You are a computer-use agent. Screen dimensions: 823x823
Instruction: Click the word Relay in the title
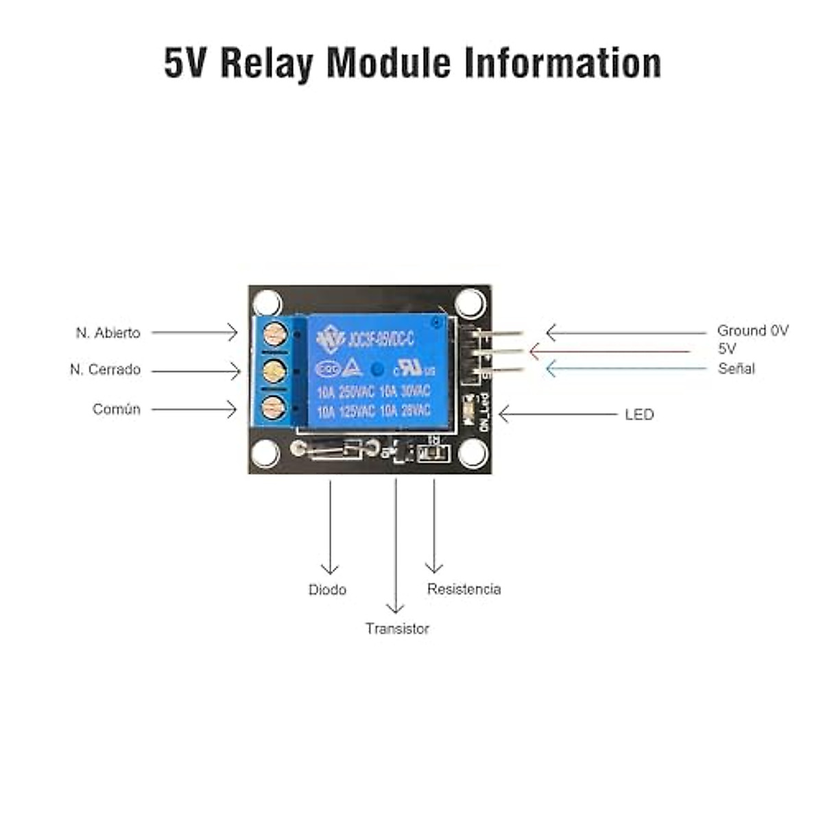click(267, 64)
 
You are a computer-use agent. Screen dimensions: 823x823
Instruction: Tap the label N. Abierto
click(108, 333)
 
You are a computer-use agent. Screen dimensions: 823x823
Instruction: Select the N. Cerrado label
click(105, 370)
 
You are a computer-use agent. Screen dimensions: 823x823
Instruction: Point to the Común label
click(117, 409)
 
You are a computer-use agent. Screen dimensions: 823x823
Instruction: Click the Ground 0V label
click(752, 331)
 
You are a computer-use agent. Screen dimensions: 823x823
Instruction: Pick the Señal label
click(737, 368)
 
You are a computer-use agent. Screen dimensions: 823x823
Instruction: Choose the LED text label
click(639, 414)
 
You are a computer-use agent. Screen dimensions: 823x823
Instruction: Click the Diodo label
click(327, 590)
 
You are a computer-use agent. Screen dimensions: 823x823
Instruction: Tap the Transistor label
click(397, 629)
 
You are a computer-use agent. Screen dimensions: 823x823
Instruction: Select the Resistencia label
click(464, 589)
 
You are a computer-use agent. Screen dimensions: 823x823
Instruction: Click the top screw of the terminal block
click(274, 335)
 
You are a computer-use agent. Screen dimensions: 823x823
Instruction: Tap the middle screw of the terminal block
click(274, 372)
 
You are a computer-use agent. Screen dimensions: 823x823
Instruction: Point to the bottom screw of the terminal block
click(274, 408)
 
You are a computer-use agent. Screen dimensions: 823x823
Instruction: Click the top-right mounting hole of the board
click(470, 302)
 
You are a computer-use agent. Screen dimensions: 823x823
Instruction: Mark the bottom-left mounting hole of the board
click(266, 453)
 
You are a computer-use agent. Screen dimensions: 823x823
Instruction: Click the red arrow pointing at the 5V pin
click(610, 351)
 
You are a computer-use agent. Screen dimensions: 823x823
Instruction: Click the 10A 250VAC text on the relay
click(346, 392)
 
